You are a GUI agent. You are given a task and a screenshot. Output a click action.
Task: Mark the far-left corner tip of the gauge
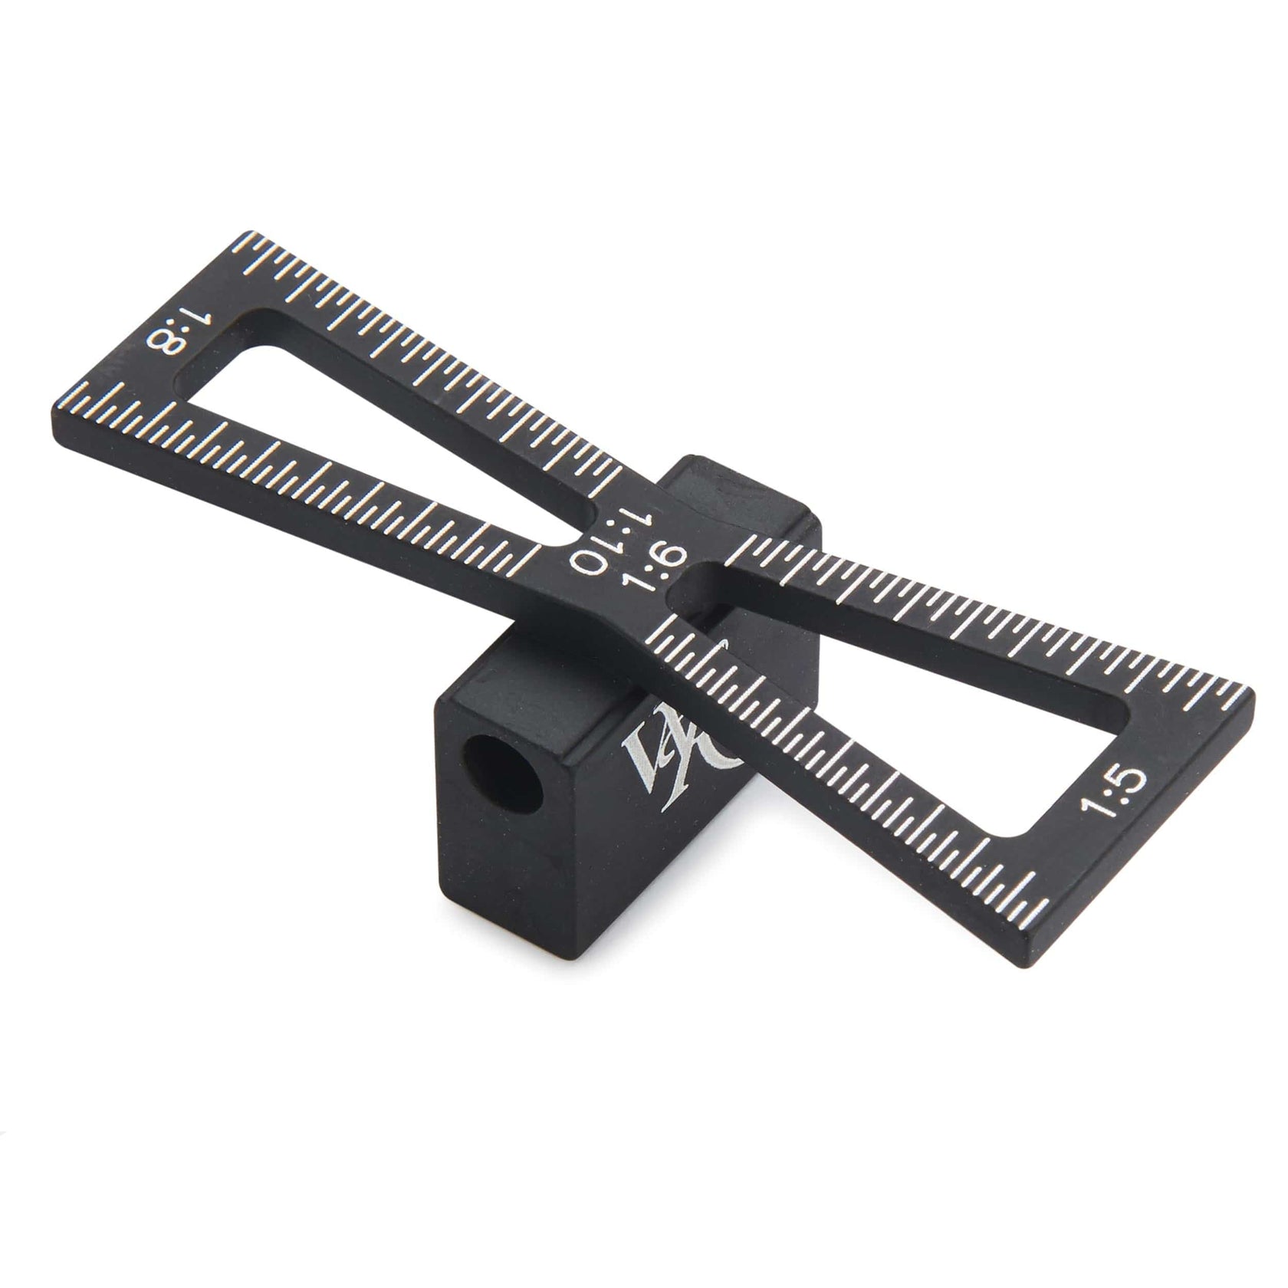60,406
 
